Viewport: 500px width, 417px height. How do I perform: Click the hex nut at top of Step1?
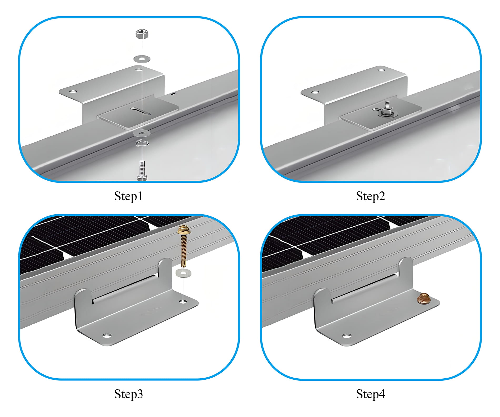[x=142, y=34]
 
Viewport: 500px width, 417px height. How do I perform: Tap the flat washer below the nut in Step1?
[x=142, y=59]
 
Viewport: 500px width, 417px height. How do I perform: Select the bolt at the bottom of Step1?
[x=142, y=170]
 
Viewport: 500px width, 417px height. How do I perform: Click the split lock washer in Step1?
[x=142, y=143]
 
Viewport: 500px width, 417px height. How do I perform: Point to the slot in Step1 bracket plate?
[x=141, y=111]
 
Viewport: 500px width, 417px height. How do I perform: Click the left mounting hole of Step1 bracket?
[x=73, y=91]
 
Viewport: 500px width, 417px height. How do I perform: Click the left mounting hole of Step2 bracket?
[x=315, y=92]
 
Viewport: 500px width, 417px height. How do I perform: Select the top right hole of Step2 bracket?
[x=381, y=70]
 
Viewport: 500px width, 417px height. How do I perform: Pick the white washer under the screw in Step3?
[x=183, y=273]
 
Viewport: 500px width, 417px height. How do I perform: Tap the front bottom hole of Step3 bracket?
[x=107, y=336]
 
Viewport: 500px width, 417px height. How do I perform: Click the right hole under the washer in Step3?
[x=183, y=301]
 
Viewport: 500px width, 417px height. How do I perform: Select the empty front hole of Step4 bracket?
[x=347, y=336]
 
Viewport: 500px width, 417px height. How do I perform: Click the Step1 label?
[x=128, y=196]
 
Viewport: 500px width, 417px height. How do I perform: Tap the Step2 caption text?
[x=370, y=196]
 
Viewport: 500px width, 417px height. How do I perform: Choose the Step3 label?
[x=128, y=394]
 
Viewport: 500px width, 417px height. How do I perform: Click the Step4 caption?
[x=370, y=394]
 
